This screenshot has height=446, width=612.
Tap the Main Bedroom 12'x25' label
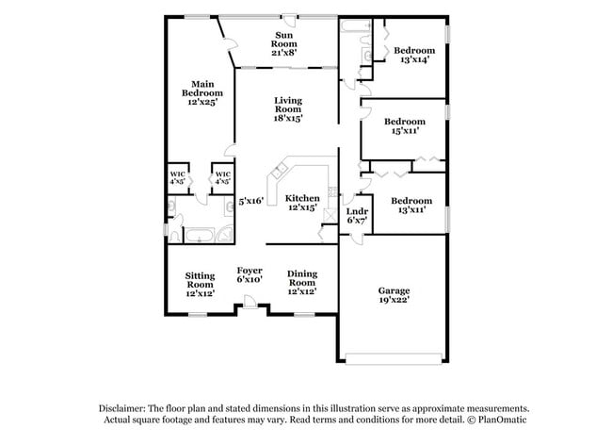click(x=202, y=93)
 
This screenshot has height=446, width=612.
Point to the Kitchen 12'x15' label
click(x=302, y=202)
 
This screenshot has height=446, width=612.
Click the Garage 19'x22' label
click(x=394, y=295)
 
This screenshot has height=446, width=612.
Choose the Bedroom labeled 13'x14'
click(x=413, y=55)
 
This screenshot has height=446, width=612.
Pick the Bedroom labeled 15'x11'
click(x=405, y=126)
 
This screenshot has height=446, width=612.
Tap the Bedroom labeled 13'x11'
click(x=411, y=205)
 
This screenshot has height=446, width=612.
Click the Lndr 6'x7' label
click(x=357, y=216)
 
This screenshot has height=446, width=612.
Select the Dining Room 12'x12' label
click(x=301, y=283)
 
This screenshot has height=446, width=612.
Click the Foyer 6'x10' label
click(x=250, y=274)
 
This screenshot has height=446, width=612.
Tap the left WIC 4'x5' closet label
click(x=177, y=177)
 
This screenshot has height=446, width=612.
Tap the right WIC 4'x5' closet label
click(x=222, y=177)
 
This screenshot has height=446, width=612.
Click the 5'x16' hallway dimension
click(x=250, y=201)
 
